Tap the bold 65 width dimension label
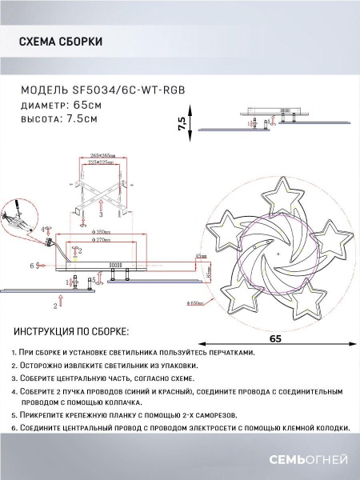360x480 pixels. click(276, 338)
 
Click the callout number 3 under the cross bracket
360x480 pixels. click(102, 215)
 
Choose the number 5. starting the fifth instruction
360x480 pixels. click(15, 416)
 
